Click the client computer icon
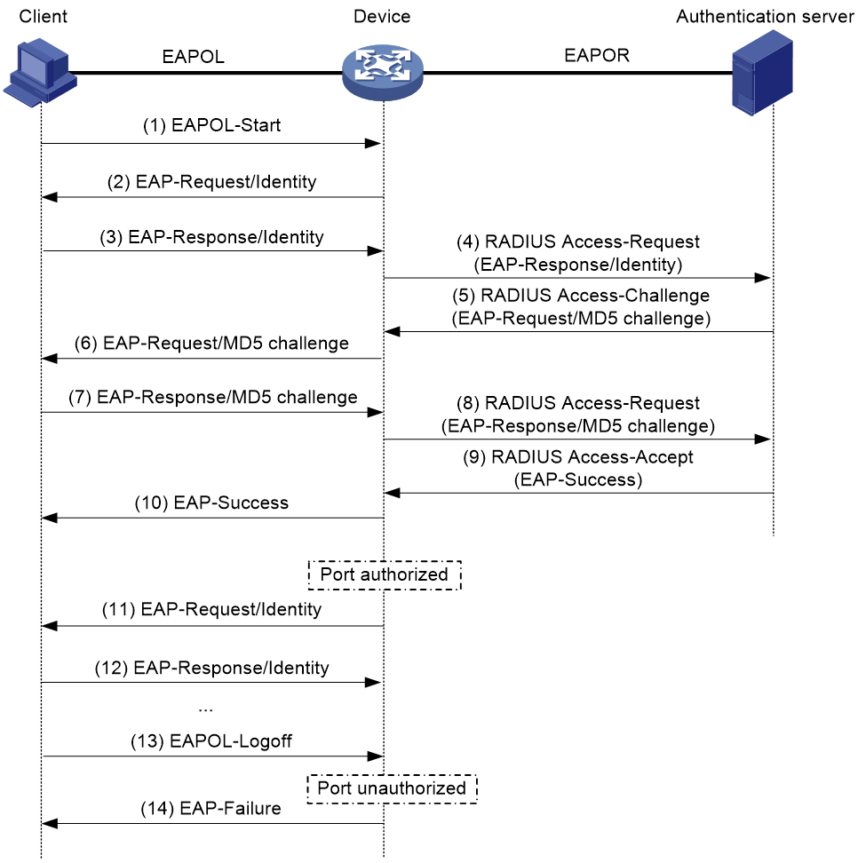[40, 72]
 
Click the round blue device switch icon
[383, 72]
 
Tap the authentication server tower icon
[762, 73]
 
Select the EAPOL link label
[194, 57]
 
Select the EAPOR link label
[597, 56]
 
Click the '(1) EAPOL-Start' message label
[212, 125]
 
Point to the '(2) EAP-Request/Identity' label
[212, 182]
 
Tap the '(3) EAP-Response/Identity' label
[212, 237]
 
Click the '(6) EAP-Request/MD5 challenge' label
[212, 344]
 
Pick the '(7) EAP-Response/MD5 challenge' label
[213, 398]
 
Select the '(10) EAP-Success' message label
[212, 503]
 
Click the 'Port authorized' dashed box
[385, 561]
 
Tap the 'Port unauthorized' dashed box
[392, 775]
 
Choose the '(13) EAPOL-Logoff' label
[211, 741]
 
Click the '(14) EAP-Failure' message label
[211, 809]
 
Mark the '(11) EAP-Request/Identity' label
[212, 610]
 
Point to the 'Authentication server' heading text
[765, 17]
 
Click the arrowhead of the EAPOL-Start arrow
[373, 144]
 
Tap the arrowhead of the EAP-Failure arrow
[50, 824]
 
